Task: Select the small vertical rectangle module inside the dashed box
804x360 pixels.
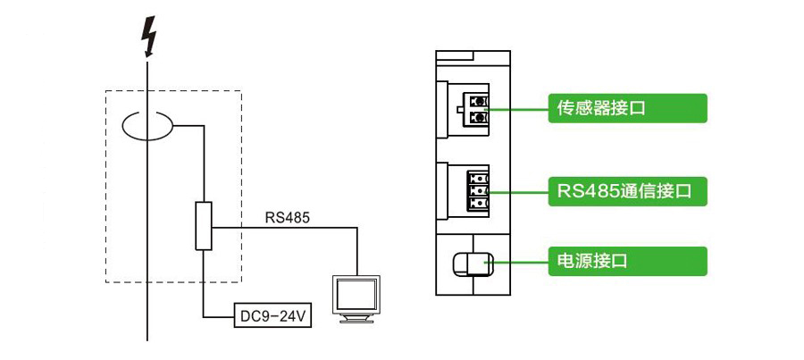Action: click(205, 226)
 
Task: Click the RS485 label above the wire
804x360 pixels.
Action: click(288, 216)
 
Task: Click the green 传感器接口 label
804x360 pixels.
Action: click(627, 109)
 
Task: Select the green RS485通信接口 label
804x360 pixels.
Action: click(627, 191)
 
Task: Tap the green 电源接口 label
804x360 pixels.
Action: click(627, 262)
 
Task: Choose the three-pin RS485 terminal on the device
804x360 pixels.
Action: click(479, 191)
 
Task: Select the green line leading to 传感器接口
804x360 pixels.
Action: click(518, 109)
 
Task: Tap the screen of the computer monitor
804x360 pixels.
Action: click(356, 292)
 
